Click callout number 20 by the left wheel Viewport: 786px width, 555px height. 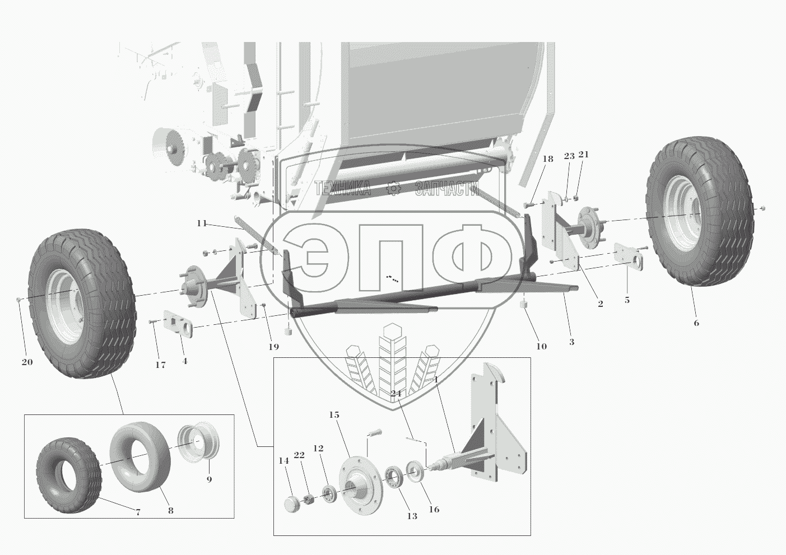[27, 362]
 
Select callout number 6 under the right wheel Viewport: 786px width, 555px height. [696, 323]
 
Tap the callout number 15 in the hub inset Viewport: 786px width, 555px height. [334, 415]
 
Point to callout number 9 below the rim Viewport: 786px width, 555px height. [209, 479]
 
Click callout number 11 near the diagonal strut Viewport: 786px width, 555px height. [202, 223]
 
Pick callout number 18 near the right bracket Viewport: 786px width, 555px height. [547, 159]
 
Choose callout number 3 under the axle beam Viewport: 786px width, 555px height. [571, 342]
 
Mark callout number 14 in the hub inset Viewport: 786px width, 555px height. [283, 460]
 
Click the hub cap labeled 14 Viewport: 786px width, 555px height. [292, 504]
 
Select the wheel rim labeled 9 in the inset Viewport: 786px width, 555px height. [198, 444]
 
